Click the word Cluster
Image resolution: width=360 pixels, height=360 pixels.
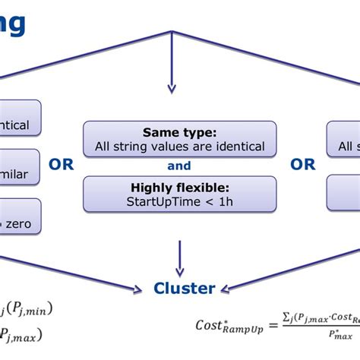tap(185, 288)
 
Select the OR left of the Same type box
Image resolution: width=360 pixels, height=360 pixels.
tap(61, 165)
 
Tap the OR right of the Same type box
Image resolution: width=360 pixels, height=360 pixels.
tap(302, 165)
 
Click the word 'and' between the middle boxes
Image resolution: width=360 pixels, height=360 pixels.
tap(179, 166)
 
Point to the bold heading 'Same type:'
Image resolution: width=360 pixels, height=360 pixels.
tap(179, 132)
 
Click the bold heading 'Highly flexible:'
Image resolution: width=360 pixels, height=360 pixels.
tap(179, 188)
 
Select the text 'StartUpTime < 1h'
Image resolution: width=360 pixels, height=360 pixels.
tap(179, 201)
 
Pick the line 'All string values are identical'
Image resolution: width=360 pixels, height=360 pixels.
tap(179, 146)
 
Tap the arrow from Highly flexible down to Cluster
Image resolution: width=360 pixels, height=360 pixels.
tap(179, 258)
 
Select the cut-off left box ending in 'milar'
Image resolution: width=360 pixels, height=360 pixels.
tap(20, 174)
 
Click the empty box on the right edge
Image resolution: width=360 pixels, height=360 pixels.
tap(343, 193)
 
